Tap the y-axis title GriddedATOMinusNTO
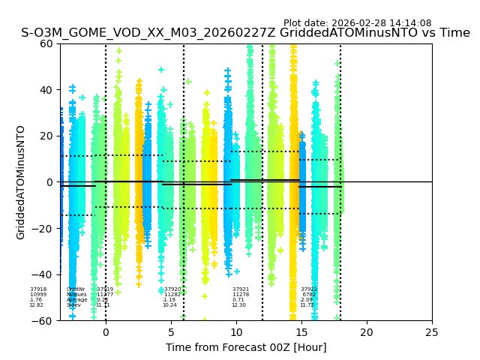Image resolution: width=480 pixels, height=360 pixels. point(21,182)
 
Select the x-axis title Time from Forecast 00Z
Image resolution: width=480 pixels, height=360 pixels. point(246,347)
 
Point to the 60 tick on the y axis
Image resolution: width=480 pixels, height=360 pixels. point(46,43)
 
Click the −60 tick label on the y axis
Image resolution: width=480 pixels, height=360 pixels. point(43,321)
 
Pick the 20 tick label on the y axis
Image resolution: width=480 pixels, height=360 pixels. point(46,136)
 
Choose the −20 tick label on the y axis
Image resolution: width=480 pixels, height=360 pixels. point(43,229)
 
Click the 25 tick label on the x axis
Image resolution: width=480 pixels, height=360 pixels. point(432,332)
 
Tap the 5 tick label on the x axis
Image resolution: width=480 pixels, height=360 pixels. point(171,332)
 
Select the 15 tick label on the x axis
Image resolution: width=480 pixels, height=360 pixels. point(301,332)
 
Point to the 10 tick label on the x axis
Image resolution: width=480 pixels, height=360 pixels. point(236,332)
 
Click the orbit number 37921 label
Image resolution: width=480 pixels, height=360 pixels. point(241,289)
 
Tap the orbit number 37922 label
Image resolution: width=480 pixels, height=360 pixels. point(309,289)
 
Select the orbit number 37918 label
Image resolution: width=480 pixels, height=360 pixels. point(38,289)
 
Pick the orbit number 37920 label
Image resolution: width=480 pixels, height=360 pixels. point(172,289)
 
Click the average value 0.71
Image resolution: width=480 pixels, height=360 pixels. point(238,300)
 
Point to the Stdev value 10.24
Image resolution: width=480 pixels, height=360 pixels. point(170,305)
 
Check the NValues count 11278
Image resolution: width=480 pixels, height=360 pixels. point(240,295)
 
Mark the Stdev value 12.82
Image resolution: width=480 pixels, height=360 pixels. point(36,305)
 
